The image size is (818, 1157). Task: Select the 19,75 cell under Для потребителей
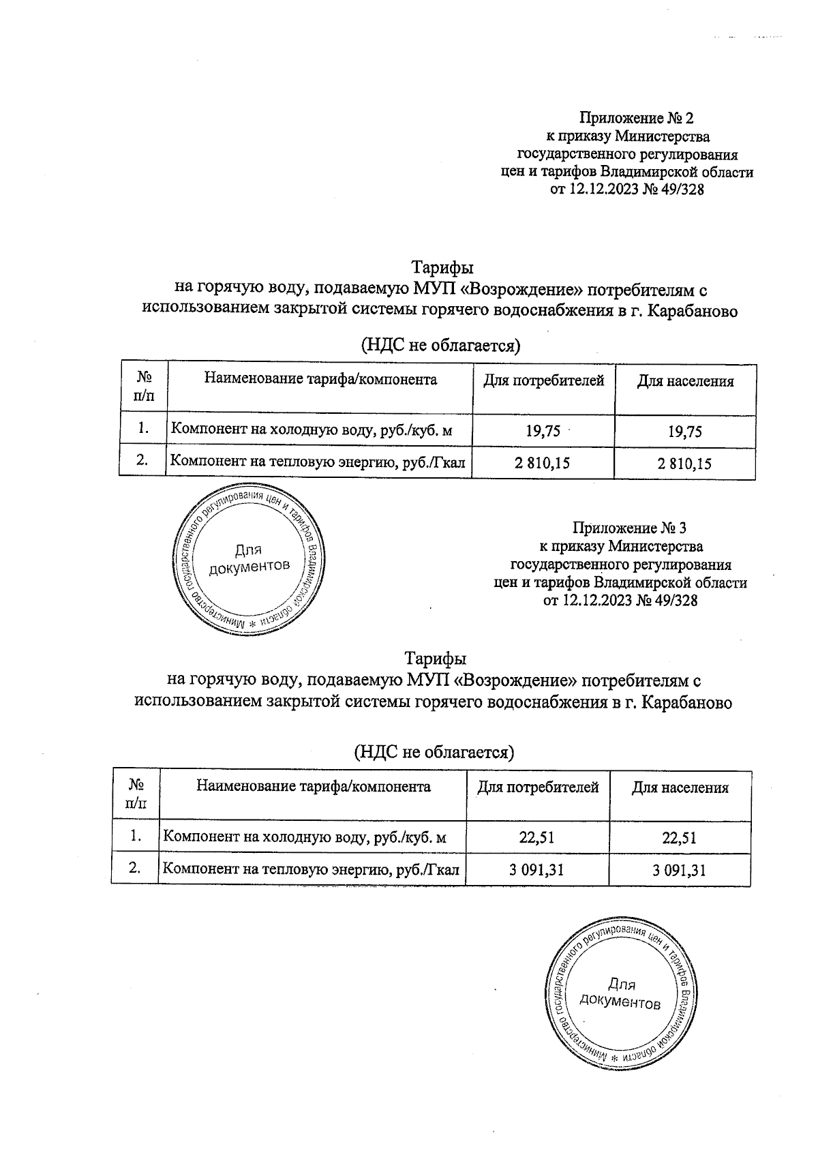[x=543, y=430]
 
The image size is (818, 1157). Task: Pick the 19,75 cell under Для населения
[x=684, y=431]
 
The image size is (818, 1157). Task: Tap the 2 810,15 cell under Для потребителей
[x=543, y=464]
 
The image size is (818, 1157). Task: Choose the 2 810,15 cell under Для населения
[x=684, y=464]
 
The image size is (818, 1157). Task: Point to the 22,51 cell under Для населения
[x=679, y=837]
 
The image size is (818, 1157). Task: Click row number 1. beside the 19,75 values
[x=143, y=429]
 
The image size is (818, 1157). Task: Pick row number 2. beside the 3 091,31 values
[x=135, y=868]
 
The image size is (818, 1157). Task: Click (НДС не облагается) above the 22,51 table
[x=434, y=751]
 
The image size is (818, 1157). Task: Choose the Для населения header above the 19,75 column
[x=685, y=382]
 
